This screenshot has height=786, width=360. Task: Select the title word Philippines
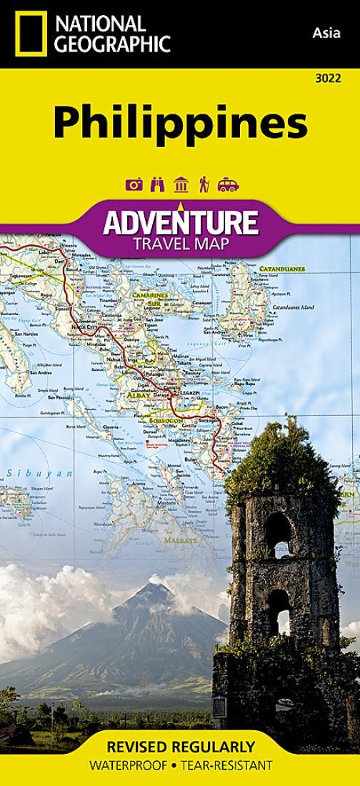[x=180, y=123]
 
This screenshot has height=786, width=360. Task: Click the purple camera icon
[x=134, y=185]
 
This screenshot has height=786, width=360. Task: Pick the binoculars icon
[x=158, y=185]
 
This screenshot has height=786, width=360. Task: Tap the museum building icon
[x=181, y=185]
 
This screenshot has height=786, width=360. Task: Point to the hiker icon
[x=204, y=185]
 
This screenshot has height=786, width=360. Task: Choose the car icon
[x=228, y=185]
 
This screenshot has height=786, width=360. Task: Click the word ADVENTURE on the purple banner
[x=180, y=223]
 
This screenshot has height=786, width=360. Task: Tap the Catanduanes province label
[x=281, y=269]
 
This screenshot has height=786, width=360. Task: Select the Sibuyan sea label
[x=40, y=473]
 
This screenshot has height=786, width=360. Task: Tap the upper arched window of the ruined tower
[x=278, y=529]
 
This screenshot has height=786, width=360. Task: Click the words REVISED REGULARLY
[x=180, y=747]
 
